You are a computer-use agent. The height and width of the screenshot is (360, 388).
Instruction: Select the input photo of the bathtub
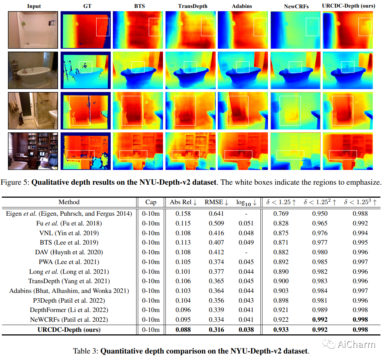coord(33,70)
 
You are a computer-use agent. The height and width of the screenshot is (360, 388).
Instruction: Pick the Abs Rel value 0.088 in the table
coord(183,329)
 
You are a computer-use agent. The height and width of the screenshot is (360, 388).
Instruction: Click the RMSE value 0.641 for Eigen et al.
coord(216,214)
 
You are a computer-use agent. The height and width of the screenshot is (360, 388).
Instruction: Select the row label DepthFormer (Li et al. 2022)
coord(69,310)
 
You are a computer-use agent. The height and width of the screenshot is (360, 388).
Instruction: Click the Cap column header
coord(151,202)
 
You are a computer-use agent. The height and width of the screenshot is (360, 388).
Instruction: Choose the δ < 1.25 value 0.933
coord(281,329)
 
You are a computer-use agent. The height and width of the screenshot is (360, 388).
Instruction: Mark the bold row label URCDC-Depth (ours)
coord(69,329)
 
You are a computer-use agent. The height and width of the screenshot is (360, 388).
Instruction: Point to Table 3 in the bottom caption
coord(85,351)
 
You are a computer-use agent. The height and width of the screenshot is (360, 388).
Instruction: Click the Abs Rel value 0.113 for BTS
coord(183,242)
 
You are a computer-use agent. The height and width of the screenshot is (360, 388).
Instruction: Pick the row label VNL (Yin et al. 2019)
coord(69,233)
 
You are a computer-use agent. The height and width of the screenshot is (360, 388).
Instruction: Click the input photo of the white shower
coord(33,30)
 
